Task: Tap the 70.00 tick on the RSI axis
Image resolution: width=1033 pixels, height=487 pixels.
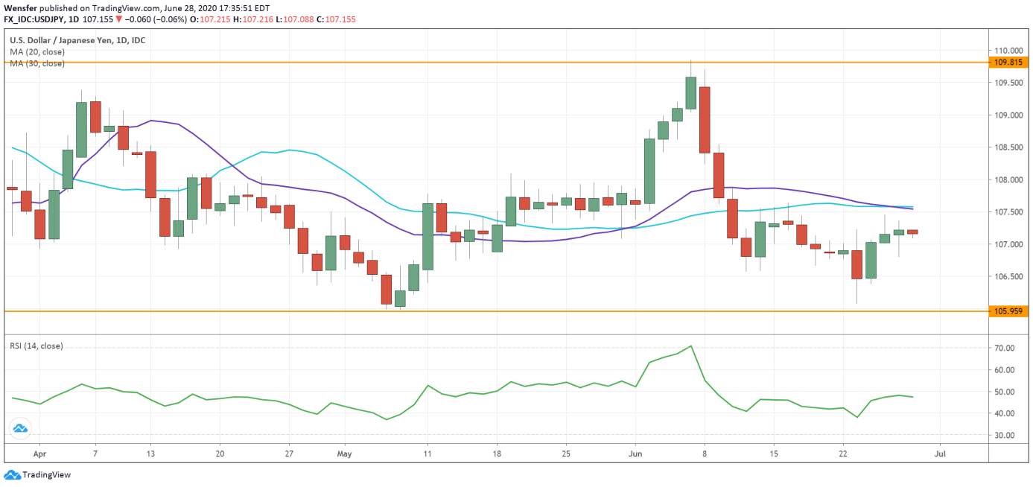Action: coord(1005,348)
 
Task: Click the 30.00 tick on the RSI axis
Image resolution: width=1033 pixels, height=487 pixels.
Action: coord(1005,435)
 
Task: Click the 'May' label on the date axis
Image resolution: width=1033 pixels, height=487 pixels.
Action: coord(343,453)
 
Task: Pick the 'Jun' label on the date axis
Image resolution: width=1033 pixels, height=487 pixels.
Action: coord(635,453)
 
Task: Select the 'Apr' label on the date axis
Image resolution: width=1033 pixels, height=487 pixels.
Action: coord(39,453)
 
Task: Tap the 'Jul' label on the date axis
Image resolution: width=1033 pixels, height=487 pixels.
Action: coord(941,453)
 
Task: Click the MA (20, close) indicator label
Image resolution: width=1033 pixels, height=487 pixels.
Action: coord(37,52)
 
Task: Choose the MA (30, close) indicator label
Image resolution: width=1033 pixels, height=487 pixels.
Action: coord(37,63)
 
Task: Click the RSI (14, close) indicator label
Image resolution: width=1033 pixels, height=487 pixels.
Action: coord(36,346)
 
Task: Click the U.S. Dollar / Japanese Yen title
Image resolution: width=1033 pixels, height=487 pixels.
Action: coord(77,40)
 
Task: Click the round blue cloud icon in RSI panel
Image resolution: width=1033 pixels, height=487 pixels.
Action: coord(20,428)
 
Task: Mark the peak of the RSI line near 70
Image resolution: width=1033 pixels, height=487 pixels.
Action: coord(691,346)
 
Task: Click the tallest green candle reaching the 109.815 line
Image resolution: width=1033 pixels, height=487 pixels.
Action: coord(691,93)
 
